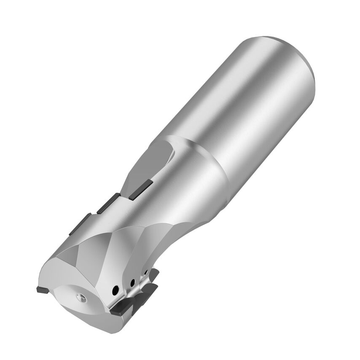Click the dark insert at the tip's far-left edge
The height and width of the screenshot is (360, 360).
coord(42,290)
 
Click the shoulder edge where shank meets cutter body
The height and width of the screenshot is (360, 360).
coord(202,156)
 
